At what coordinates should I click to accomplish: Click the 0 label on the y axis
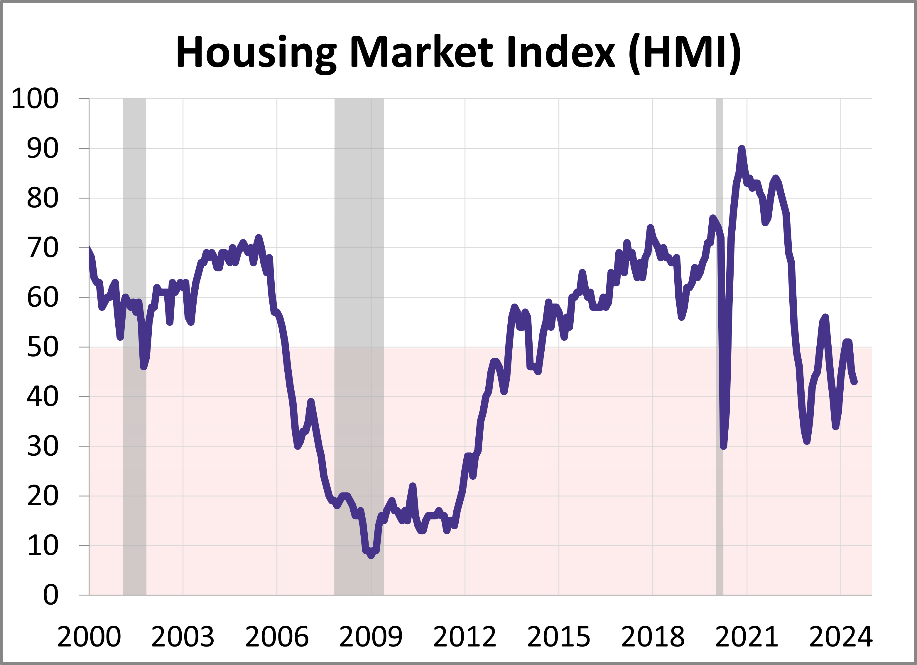[50, 595]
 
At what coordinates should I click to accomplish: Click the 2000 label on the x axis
[89, 637]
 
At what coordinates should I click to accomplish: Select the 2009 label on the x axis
[371, 637]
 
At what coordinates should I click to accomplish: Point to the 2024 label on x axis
[841, 637]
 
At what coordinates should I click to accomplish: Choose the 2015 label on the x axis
[559, 637]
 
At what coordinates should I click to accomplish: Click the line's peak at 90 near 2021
[741, 149]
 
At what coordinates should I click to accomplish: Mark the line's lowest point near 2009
[371, 556]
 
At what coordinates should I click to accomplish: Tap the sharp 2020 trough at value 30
[724, 446]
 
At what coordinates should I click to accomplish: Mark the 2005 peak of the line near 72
[258, 238]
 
